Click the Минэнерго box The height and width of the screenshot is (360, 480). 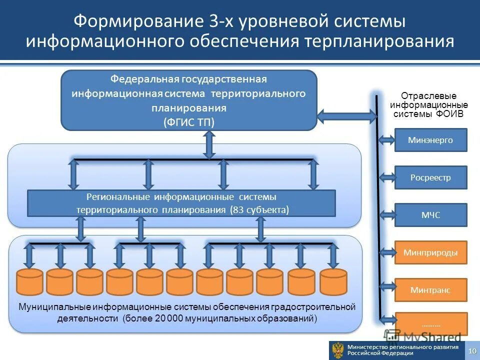[430, 140]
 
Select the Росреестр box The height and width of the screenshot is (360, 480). [430, 177]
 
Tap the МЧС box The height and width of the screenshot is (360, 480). [430, 215]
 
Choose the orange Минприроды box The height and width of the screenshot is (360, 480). [430, 252]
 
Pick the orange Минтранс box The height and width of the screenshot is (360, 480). [430, 290]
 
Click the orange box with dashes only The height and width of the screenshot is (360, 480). [430, 324]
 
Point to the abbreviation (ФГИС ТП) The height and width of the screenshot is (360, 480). [188, 122]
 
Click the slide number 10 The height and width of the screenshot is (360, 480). [472, 350]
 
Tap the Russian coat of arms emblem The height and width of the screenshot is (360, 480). [338, 350]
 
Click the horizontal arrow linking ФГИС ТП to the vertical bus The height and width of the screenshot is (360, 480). [346, 117]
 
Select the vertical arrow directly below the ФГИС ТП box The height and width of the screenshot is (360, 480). [209, 144]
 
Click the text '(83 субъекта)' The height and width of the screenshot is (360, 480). [259, 210]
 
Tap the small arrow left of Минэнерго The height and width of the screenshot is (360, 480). [387, 140]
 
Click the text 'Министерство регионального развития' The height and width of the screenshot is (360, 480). [403, 347]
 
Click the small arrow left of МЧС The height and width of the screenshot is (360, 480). [387, 215]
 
